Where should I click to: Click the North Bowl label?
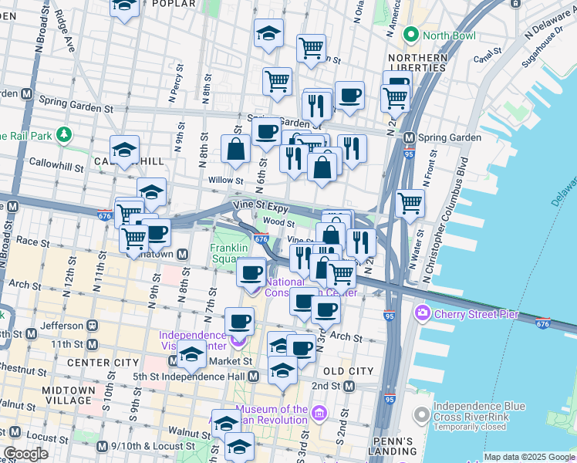click(447, 35)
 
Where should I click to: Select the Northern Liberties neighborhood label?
click(417, 63)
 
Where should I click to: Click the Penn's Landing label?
click(396, 447)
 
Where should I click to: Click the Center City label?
click(103, 363)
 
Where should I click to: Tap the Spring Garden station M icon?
click(410, 138)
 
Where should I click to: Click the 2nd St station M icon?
click(349, 386)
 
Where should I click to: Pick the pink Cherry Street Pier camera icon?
click(422, 314)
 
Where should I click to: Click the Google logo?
click(25, 454)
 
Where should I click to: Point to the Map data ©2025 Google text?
click(528, 457)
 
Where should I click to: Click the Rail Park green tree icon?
click(63, 136)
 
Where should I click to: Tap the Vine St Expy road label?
click(260, 208)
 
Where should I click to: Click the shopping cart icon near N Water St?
click(410, 204)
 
